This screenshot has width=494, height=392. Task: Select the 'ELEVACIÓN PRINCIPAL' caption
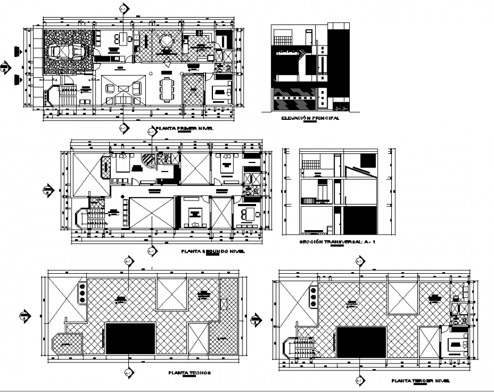point(310,119)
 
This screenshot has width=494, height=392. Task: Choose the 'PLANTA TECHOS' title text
point(190,373)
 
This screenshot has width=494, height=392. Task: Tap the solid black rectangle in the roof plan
point(131,338)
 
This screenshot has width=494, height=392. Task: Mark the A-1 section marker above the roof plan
point(128,261)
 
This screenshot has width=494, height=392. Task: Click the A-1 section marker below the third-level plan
point(358,380)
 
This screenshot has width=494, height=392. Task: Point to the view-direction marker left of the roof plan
point(24,314)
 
